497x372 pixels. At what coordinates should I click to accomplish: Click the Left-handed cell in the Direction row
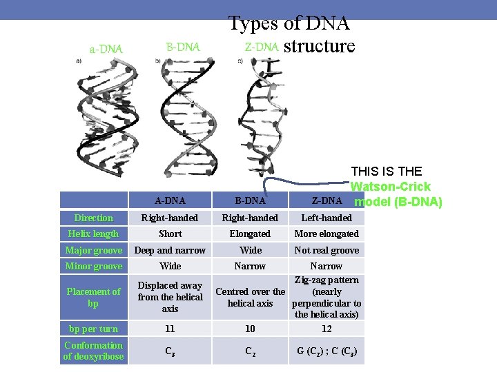(x=327, y=218)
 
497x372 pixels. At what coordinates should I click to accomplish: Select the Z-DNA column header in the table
(x=327, y=200)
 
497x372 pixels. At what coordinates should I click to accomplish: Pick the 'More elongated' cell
(x=327, y=234)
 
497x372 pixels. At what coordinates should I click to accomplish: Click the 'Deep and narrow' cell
(x=170, y=250)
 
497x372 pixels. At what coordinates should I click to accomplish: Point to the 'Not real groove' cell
(x=327, y=250)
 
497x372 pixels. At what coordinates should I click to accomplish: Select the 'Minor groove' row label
(x=93, y=266)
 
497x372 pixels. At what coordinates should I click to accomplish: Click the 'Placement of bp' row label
(x=93, y=297)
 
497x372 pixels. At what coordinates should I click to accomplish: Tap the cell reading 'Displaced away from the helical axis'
(x=170, y=297)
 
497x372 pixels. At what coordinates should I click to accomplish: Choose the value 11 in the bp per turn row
(x=170, y=329)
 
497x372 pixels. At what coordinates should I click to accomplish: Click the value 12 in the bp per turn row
(x=327, y=329)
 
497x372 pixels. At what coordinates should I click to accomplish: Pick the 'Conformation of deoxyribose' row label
(x=93, y=351)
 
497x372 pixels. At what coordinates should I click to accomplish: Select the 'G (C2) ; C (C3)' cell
(x=327, y=351)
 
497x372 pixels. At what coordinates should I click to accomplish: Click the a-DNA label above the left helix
(x=106, y=49)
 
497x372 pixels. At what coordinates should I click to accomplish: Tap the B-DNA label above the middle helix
(x=183, y=47)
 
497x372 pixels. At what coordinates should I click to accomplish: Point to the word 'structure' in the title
(x=319, y=46)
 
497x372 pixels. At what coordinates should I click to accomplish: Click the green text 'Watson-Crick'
(x=391, y=187)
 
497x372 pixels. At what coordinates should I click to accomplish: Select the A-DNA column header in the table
(x=170, y=200)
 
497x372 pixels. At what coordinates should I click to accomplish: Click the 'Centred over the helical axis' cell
(x=250, y=297)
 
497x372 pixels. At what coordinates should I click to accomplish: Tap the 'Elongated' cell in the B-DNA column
(x=250, y=234)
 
